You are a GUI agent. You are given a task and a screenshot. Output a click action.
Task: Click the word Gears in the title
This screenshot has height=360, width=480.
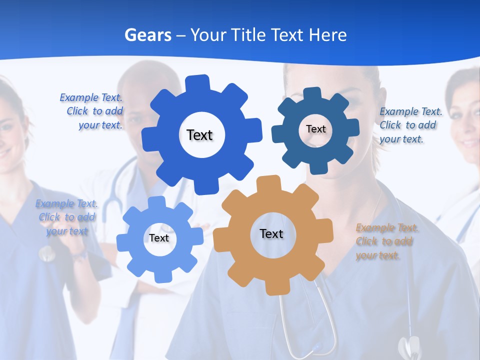click(x=147, y=35)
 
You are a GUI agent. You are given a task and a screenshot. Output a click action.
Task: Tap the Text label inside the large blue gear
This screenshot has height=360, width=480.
click(x=199, y=135)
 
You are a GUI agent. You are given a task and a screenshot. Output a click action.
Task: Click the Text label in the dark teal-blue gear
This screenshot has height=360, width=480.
click(x=315, y=129)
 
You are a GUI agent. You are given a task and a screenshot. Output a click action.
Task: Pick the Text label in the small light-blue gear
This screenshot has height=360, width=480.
click(x=159, y=238)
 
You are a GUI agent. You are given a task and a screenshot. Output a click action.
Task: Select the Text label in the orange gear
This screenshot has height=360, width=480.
click(x=271, y=233)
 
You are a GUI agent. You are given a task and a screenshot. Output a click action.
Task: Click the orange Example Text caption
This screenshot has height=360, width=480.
click(x=387, y=241)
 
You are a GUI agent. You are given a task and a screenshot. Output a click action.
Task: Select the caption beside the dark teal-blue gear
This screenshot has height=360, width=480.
click(x=410, y=125)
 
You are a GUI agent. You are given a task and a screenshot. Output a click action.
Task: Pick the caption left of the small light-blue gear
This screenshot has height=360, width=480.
click(x=67, y=217)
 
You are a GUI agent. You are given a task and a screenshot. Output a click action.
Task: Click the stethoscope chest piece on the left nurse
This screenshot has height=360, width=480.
click(x=46, y=253)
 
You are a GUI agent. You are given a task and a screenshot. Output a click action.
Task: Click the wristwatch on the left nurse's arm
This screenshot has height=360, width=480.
click(x=80, y=255)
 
